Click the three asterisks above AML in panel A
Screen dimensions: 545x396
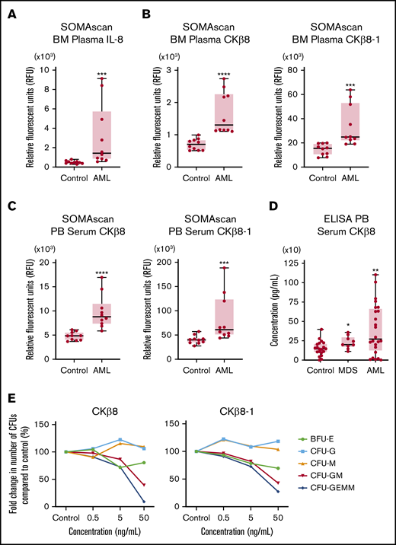(x=99, y=73)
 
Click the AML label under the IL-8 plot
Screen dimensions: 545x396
(x=99, y=176)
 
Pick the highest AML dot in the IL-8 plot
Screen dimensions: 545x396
(x=99, y=79)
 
